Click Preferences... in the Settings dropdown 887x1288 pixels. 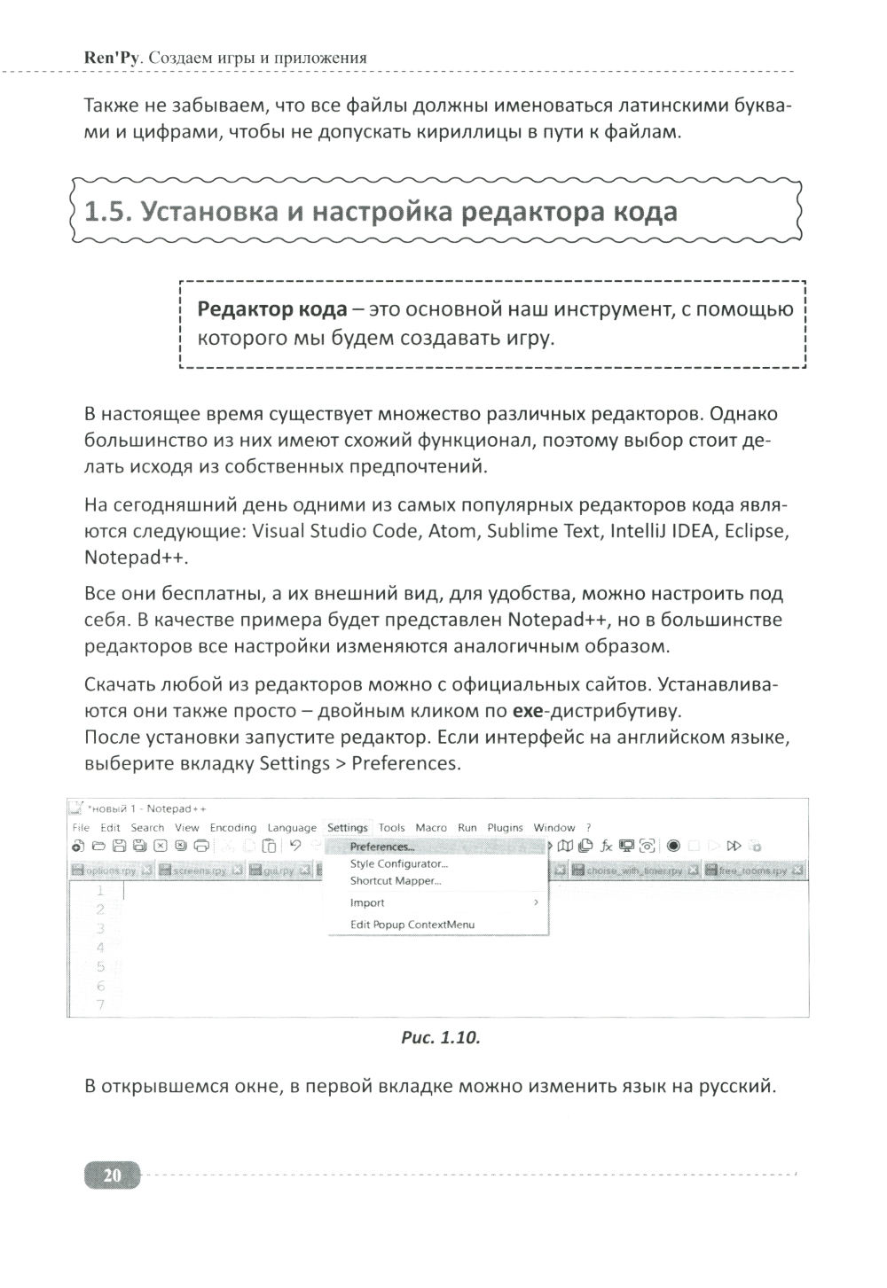pyautogui.click(x=381, y=847)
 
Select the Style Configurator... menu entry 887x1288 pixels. pyautogui.click(x=398, y=863)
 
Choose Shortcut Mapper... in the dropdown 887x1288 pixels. pyautogui.click(x=395, y=880)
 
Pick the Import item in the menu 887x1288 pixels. pyautogui.click(x=367, y=902)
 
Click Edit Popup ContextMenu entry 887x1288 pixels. pyautogui.click(x=412, y=925)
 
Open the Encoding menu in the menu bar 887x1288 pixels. pyautogui.click(x=232, y=828)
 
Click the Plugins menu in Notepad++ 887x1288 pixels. pyautogui.click(x=505, y=828)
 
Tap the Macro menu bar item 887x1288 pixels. pyautogui.click(x=431, y=828)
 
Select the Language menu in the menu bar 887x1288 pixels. pyautogui.click(x=292, y=828)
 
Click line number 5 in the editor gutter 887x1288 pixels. pyautogui.click(x=101, y=966)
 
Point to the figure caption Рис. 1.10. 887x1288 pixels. pyautogui.click(x=441, y=1038)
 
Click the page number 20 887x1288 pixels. pyautogui.click(x=112, y=1176)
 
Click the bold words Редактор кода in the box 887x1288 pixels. pyautogui.click(x=272, y=309)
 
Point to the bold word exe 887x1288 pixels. pyautogui.click(x=528, y=711)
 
